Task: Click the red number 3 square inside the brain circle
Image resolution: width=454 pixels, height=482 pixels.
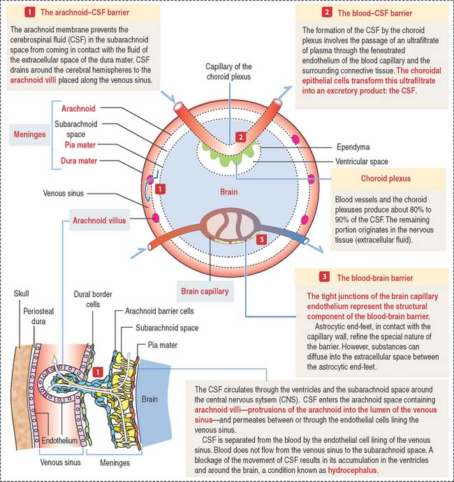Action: (x=261, y=240)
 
